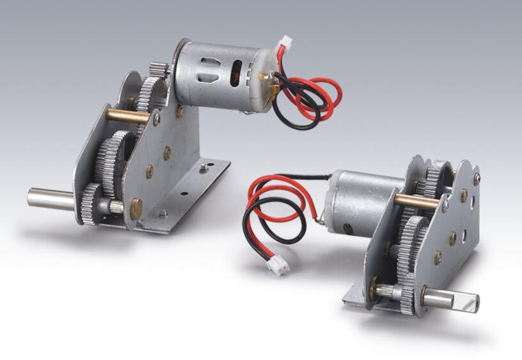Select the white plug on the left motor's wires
[283, 43]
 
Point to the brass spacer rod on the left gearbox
[128, 116]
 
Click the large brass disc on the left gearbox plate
[136, 208]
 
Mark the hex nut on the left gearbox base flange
[203, 169]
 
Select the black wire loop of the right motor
[269, 224]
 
